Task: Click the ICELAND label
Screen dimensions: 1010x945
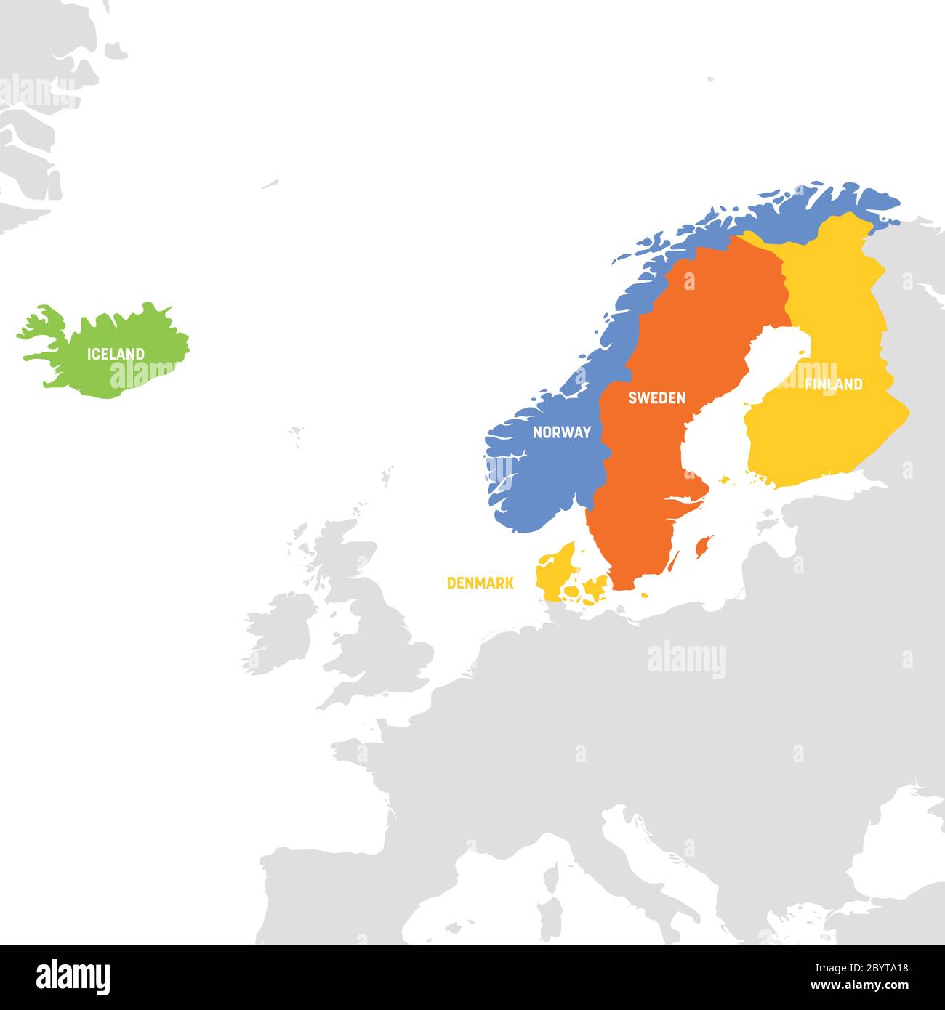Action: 116,355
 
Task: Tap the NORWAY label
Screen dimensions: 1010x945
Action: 561,432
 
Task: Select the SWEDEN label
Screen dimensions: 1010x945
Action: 656,398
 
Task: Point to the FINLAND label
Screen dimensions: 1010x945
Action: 833,384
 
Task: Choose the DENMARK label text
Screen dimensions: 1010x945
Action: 480,583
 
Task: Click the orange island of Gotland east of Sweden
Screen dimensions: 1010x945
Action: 703,546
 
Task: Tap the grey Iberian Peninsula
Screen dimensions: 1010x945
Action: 327,894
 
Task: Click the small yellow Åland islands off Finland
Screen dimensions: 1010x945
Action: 725,480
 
